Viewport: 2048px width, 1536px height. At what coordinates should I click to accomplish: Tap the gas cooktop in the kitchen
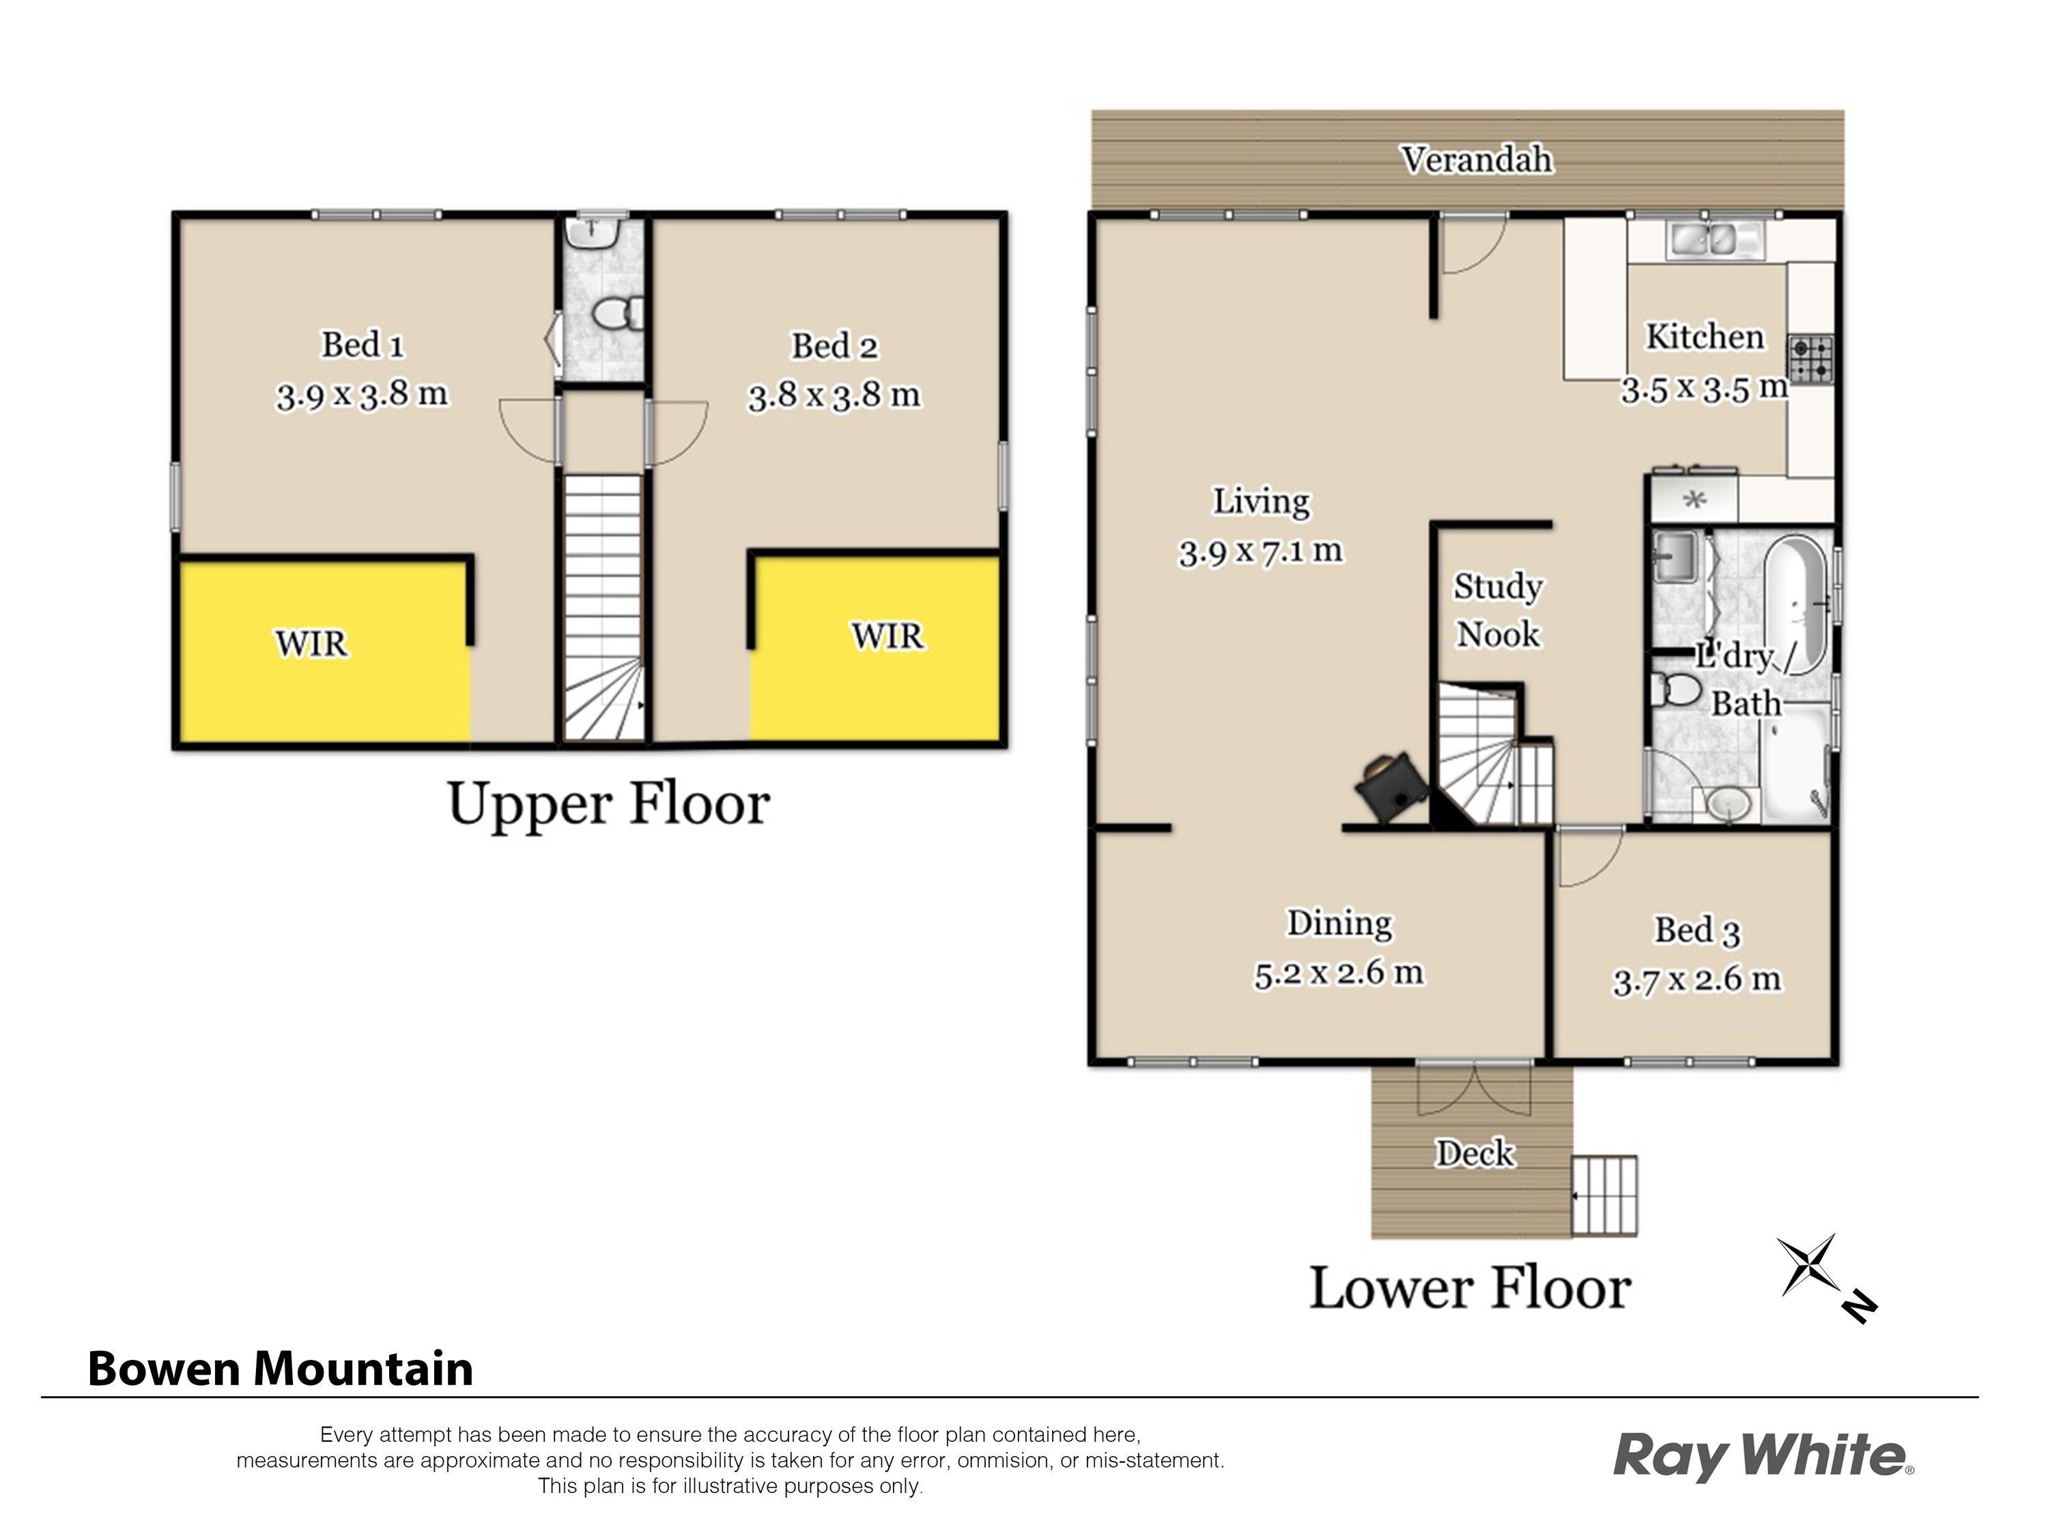coord(1810,359)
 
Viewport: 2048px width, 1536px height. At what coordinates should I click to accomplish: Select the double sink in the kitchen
coord(1716,240)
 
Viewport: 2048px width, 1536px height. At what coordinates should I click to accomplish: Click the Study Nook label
coord(1498,610)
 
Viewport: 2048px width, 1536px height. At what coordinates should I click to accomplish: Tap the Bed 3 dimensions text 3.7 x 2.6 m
coord(1696,979)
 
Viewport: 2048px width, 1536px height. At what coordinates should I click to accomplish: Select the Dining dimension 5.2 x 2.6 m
coord(1339,972)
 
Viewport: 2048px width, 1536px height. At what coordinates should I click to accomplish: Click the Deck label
coord(1475,1153)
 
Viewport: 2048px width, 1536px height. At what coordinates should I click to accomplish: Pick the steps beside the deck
coord(1604,1195)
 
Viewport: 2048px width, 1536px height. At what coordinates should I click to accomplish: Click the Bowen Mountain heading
coord(280,1369)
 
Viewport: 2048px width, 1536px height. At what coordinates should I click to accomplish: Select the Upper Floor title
coord(608,803)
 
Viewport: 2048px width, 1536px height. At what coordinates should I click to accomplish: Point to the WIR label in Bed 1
coord(311,642)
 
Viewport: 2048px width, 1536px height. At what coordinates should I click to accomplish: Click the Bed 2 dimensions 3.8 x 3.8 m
coord(834,395)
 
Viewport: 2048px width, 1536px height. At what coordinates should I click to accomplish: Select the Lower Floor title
coord(1469,1288)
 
